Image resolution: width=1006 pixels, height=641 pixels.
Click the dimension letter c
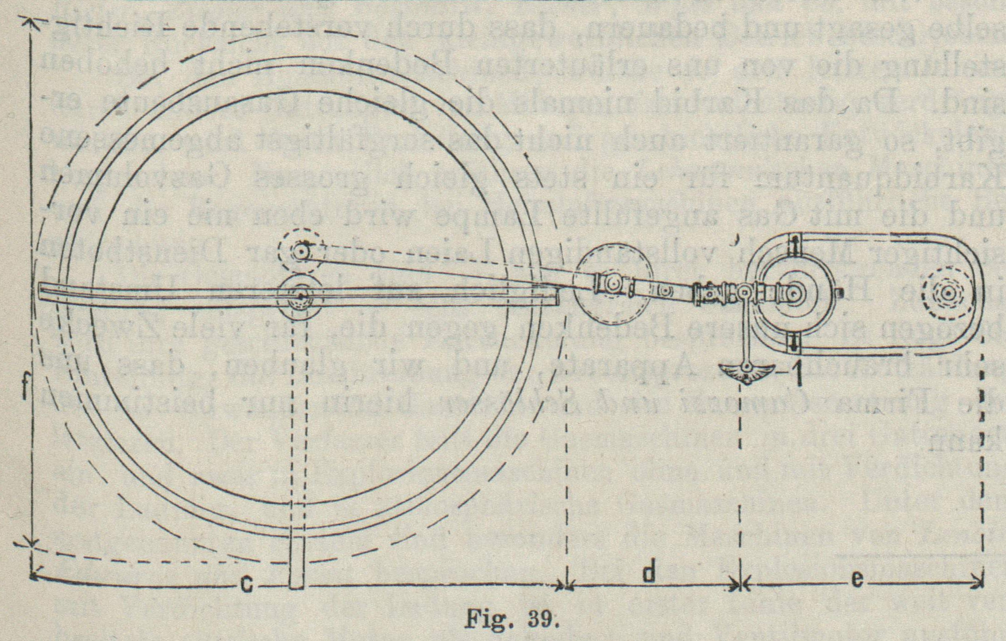click(x=247, y=586)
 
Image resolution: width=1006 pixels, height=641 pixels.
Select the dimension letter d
click(x=649, y=574)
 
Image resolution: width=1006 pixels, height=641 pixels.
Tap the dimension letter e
click(x=857, y=579)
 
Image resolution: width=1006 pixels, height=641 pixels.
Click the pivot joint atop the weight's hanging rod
click(x=744, y=292)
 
